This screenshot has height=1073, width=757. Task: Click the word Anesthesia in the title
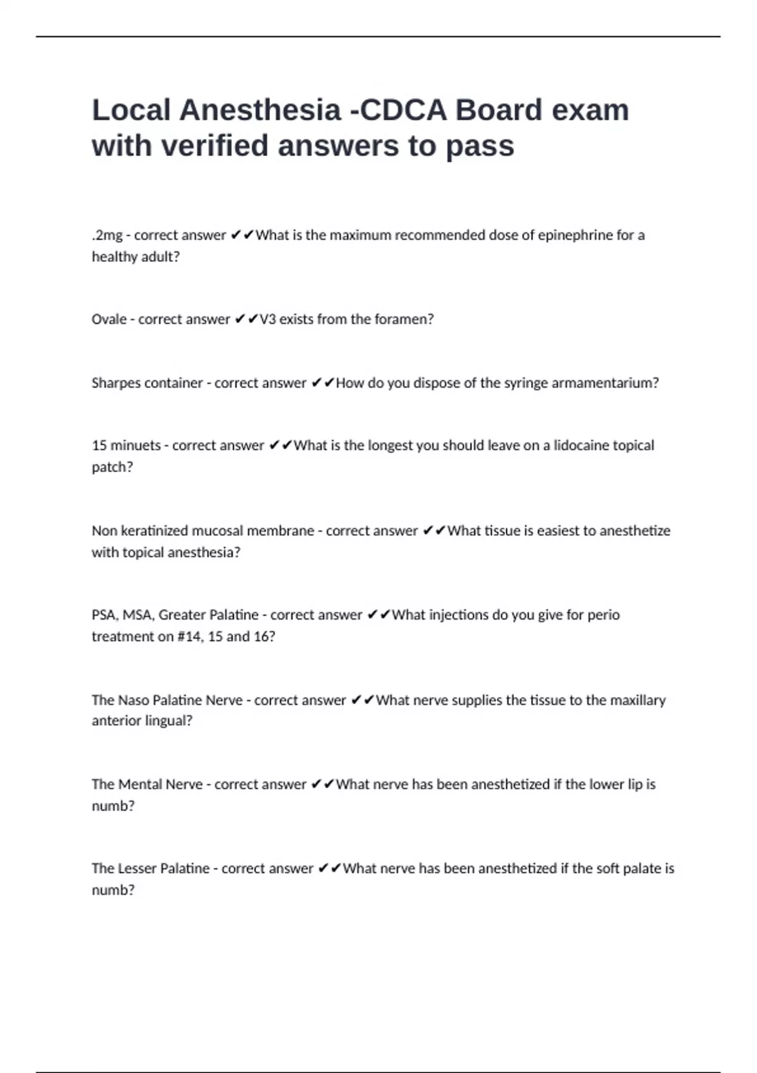260,110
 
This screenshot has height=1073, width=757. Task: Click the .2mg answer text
107,235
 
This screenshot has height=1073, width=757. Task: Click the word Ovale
109,319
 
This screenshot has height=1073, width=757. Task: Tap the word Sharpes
117,383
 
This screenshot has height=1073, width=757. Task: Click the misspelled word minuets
136,446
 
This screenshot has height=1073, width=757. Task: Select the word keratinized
154,531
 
